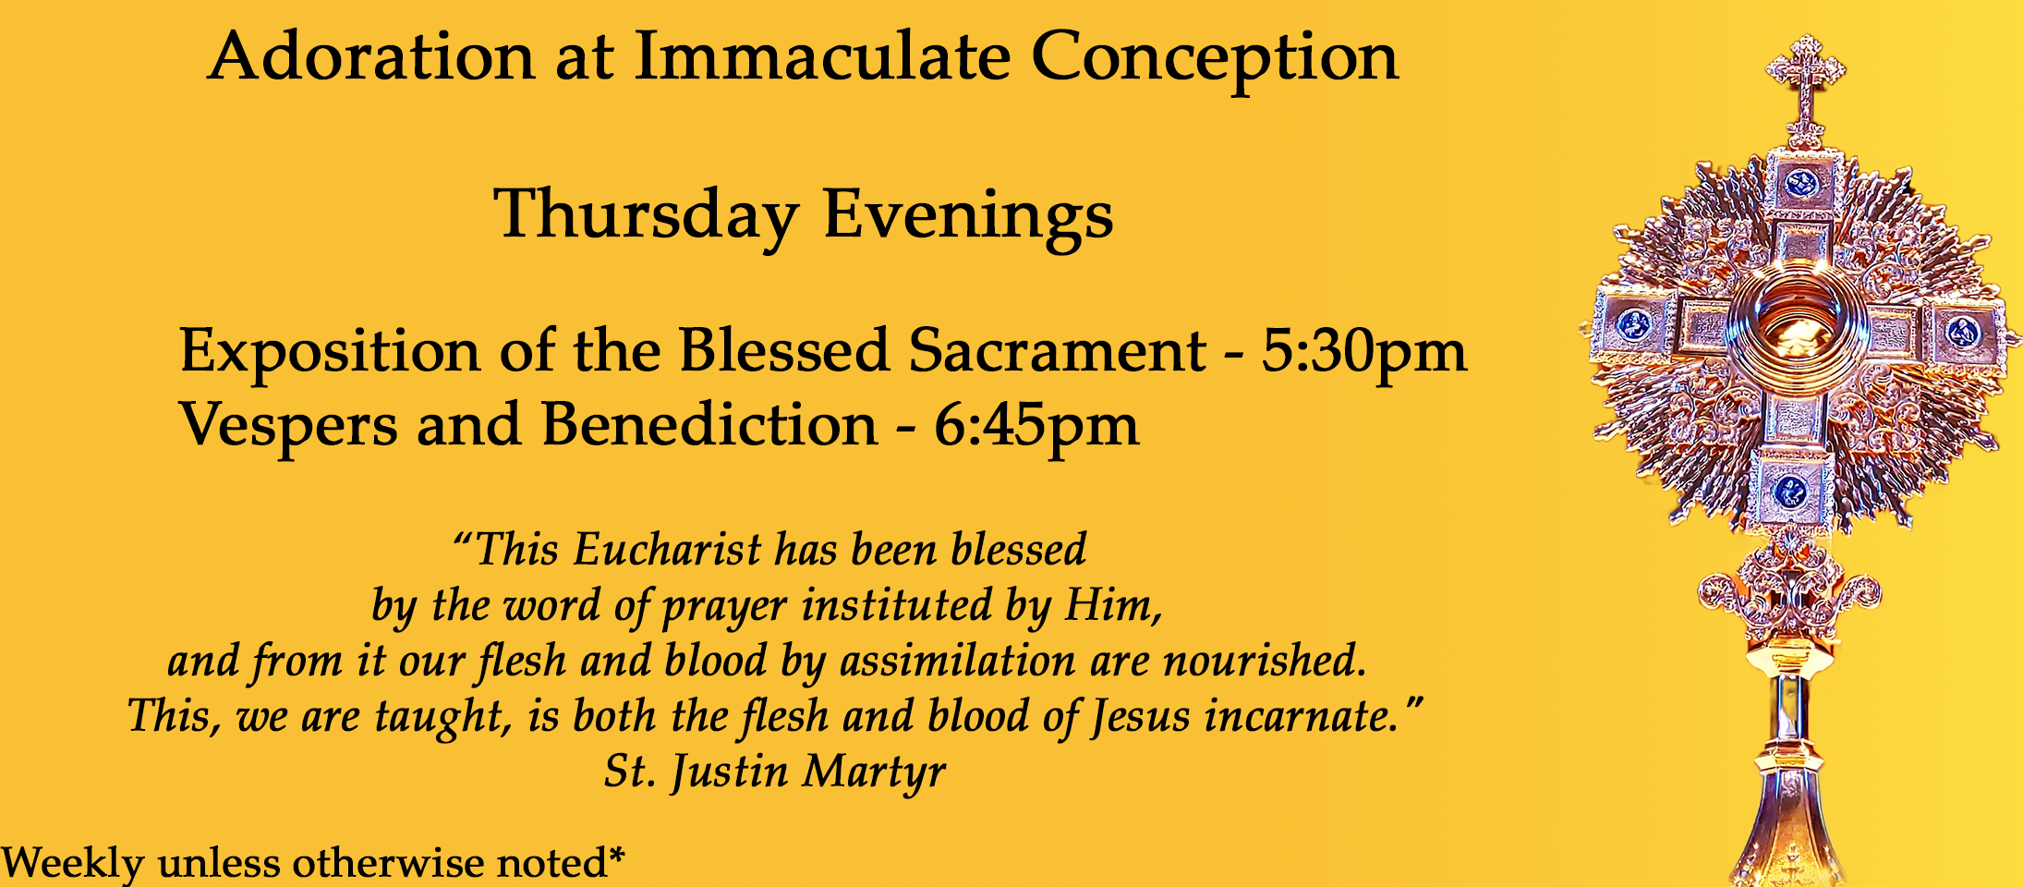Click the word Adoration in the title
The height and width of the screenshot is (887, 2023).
click(x=371, y=56)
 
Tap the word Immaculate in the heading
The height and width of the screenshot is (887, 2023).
click(x=823, y=56)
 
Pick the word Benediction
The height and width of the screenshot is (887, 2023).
click(x=709, y=425)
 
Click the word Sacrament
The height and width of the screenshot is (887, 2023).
click(x=1057, y=351)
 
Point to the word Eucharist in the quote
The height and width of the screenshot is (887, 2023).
click(x=667, y=550)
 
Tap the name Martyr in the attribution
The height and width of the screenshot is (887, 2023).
click(x=873, y=772)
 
